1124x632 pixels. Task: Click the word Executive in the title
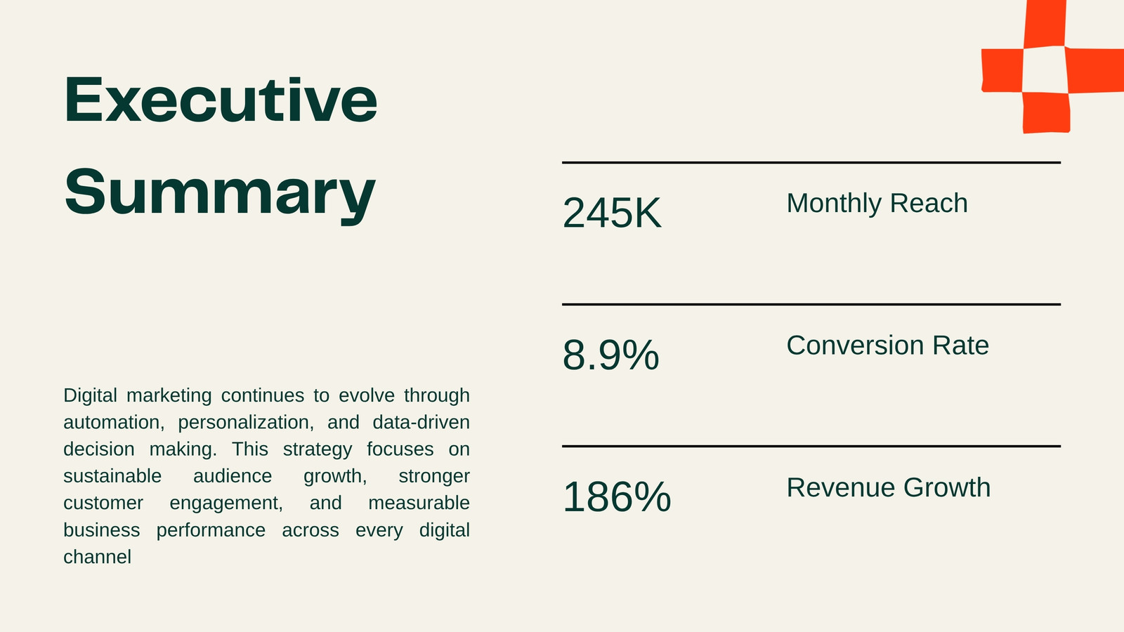[x=221, y=99]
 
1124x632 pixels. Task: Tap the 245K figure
[x=612, y=213]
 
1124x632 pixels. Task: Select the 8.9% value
[x=610, y=355]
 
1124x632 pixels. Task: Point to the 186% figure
[x=617, y=497]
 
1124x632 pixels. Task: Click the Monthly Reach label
[x=877, y=203]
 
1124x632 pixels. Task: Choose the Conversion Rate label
[x=887, y=345]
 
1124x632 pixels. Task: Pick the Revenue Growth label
[x=888, y=487]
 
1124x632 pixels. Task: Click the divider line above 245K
[x=811, y=162]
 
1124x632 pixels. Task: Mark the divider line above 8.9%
[x=811, y=304]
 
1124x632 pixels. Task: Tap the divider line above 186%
[x=811, y=446]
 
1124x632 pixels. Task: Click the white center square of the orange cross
[x=1045, y=70]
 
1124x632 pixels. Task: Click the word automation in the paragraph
[x=114, y=422]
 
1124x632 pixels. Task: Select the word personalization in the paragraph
[x=246, y=423]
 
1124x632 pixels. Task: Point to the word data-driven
[x=421, y=422]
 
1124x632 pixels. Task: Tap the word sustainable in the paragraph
[x=112, y=476]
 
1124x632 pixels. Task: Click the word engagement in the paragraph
[x=226, y=503]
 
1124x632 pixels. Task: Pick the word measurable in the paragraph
[x=419, y=503]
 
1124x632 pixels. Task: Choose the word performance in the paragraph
[x=211, y=530]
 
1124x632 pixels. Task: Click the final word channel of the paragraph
[x=98, y=557]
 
